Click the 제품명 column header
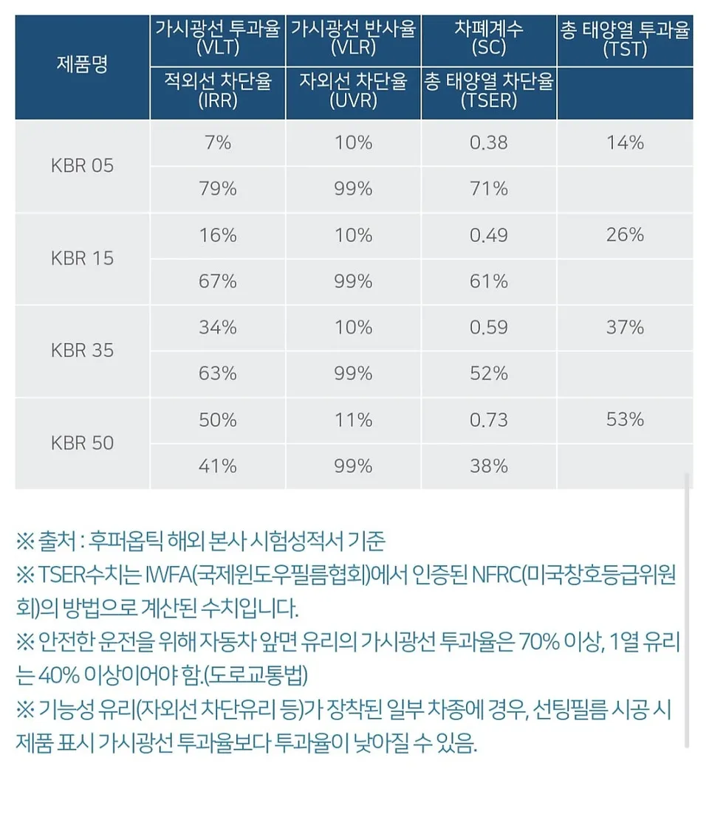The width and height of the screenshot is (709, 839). pyautogui.click(x=82, y=65)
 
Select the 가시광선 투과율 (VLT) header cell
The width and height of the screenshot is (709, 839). pyautogui.click(x=217, y=38)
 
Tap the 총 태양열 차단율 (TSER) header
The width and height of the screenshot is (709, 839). pyautogui.click(x=488, y=91)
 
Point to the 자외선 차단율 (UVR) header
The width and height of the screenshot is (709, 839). pyautogui.click(x=353, y=91)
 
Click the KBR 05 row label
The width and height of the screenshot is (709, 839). pyautogui.click(x=82, y=165)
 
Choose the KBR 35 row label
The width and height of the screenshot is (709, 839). pyautogui.click(x=82, y=350)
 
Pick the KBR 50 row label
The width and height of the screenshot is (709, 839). pyautogui.click(x=82, y=443)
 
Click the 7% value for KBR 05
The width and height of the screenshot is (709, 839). pyautogui.click(x=217, y=142)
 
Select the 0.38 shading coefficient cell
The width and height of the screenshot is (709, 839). pyautogui.click(x=488, y=142)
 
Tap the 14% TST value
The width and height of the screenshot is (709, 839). pyautogui.click(x=625, y=142)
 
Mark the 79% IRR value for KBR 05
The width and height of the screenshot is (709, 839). pyautogui.click(x=217, y=188)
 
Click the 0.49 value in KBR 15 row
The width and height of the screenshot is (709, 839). pyautogui.click(x=488, y=235)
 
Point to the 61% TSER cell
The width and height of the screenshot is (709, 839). pyautogui.click(x=488, y=281)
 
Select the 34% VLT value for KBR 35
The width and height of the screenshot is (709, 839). pyautogui.click(x=217, y=327)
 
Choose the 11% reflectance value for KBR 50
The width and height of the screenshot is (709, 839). pyautogui.click(x=353, y=419)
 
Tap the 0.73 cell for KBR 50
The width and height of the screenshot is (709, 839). pyautogui.click(x=488, y=419)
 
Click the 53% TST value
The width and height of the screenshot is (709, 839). pyautogui.click(x=625, y=419)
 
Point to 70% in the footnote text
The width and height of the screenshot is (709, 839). pyautogui.click(x=539, y=641)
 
